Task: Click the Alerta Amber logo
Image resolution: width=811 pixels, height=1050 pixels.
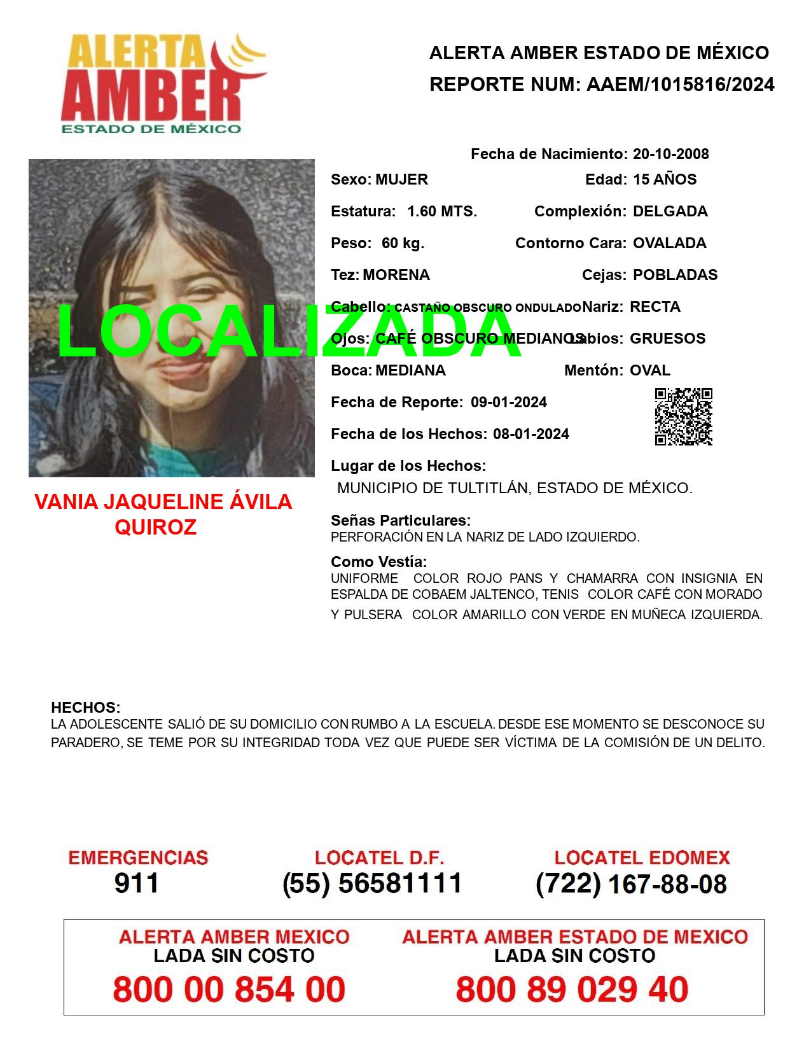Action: pos(164,83)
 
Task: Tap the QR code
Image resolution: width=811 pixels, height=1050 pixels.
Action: pos(683,417)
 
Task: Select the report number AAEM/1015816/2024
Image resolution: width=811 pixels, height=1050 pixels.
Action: pos(680,84)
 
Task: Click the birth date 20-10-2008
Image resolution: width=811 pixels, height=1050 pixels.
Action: pos(670,154)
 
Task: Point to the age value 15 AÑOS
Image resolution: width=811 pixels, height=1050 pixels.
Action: pos(665,179)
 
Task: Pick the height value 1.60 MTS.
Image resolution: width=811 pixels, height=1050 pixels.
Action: pos(442,211)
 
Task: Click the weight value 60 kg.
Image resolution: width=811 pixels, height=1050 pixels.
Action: pos(403,243)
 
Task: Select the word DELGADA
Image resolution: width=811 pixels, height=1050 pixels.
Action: pos(670,211)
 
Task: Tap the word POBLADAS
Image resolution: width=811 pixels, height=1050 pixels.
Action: pos(675,275)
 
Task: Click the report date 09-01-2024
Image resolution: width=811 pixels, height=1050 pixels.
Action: pos(509,402)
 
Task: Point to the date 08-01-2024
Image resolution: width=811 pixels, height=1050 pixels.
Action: pos(531,434)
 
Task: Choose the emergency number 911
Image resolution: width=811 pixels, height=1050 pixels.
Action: pos(137,883)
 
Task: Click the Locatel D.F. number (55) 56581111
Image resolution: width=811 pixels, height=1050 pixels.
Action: pos(373,883)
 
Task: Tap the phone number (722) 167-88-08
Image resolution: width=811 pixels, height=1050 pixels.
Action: pos(631,883)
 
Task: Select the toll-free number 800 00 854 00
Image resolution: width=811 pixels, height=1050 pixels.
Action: pos(229,990)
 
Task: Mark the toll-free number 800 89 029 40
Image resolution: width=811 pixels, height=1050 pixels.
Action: pos(572,990)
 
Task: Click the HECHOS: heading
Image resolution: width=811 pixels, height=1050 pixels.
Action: pos(85,708)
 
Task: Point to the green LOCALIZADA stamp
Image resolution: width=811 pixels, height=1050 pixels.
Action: pos(289,331)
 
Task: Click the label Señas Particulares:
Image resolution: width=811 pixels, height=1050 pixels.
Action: pos(401,521)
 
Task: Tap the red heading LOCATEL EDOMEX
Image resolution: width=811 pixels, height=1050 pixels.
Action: pos(642,858)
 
